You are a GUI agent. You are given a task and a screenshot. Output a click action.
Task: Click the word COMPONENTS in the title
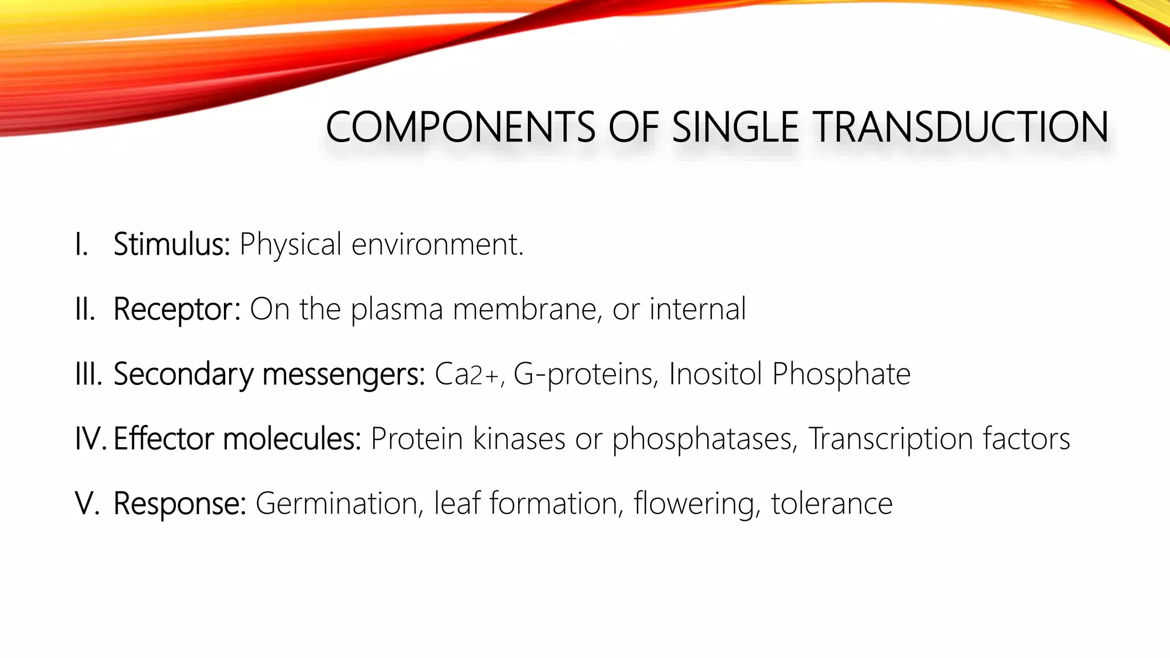(x=460, y=127)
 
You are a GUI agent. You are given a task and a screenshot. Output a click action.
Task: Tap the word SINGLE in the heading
(x=735, y=127)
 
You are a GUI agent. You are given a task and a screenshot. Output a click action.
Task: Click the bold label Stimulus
(x=171, y=244)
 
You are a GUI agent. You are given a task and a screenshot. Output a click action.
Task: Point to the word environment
(x=436, y=244)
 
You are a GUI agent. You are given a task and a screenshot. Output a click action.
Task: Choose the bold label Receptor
(x=176, y=310)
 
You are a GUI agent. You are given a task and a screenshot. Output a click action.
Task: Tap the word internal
(x=697, y=309)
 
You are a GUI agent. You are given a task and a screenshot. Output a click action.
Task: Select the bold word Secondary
(x=183, y=375)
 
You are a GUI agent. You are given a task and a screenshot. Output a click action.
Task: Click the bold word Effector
(x=163, y=439)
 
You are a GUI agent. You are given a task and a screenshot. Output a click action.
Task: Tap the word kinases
(x=519, y=439)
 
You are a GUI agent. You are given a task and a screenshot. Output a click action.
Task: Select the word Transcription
(x=890, y=439)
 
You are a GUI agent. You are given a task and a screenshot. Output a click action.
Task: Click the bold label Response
(x=179, y=504)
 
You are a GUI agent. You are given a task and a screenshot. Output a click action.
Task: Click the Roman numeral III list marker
(x=88, y=374)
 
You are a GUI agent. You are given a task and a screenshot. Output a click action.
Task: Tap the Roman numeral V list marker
(x=87, y=504)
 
